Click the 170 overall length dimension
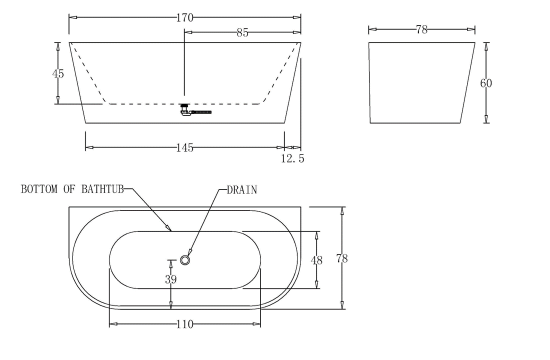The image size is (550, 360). click(185, 18)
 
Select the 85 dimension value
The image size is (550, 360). click(242, 33)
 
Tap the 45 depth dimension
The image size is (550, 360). click(58, 73)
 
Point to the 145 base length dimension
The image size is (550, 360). click(184, 148)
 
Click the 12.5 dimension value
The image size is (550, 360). click(292, 159)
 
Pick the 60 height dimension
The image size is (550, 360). click(486, 83)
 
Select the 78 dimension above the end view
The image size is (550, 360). click(421, 30)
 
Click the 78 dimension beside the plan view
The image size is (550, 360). click(342, 258)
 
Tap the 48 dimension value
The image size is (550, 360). click(316, 260)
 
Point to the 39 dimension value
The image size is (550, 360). click(170, 279)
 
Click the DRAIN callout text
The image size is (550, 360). click(242, 190)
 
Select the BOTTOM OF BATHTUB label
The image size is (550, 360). click(71, 189)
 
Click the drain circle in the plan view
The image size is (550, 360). click(185, 260)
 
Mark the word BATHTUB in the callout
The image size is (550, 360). click(103, 189)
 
